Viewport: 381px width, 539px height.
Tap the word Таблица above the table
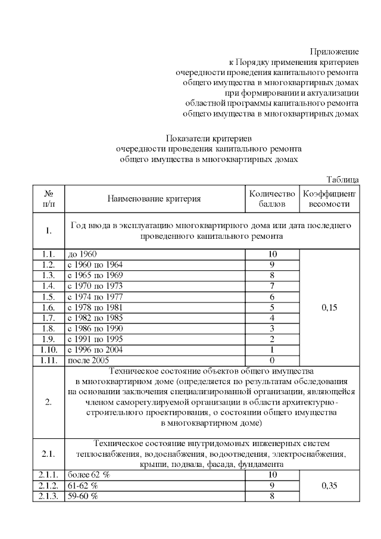[343, 179]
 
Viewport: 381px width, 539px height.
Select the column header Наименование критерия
[154, 198]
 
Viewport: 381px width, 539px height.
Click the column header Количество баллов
[272, 198]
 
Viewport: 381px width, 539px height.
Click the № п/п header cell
[49, 198]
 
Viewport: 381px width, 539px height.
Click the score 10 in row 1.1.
[272, 254]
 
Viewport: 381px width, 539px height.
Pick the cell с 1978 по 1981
[96, 307]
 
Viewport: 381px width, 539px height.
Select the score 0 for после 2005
[272, 360]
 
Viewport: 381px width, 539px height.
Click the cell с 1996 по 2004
[96, 350]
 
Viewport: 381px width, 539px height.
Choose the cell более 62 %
[89, 475]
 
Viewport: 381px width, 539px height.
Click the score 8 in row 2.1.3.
[272, 496]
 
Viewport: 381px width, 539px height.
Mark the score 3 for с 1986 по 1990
[272, 328]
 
